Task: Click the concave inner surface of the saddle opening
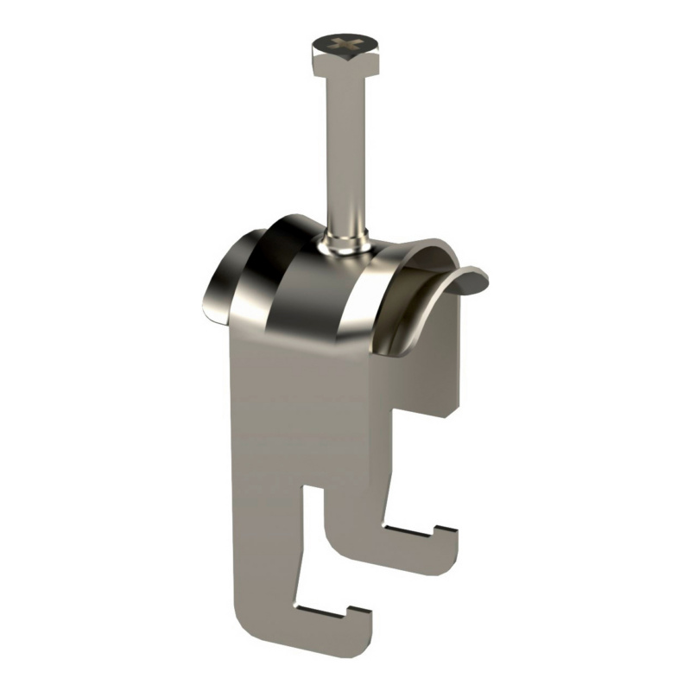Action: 415,302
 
